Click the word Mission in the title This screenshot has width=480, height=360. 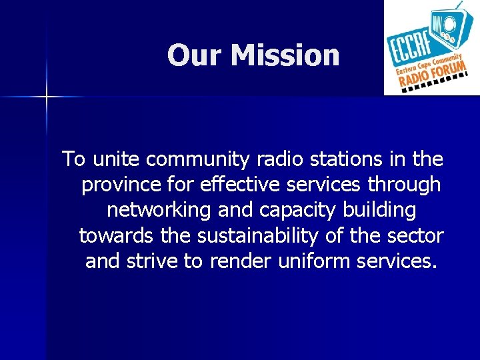(285, 55)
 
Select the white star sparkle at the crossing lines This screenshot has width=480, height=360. (47, 97)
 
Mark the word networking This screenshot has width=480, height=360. (159, 210)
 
